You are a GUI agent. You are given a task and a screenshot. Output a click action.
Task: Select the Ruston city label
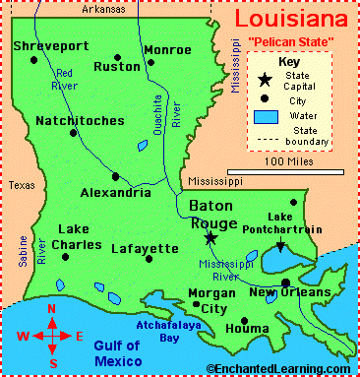point(117,67)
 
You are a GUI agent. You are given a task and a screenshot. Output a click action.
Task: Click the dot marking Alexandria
point(115,177)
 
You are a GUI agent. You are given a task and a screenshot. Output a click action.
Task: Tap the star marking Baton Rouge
point(210,238)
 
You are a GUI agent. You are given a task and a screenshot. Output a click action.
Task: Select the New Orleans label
point(289,292)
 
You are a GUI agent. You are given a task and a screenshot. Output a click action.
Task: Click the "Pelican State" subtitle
point(296,40)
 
